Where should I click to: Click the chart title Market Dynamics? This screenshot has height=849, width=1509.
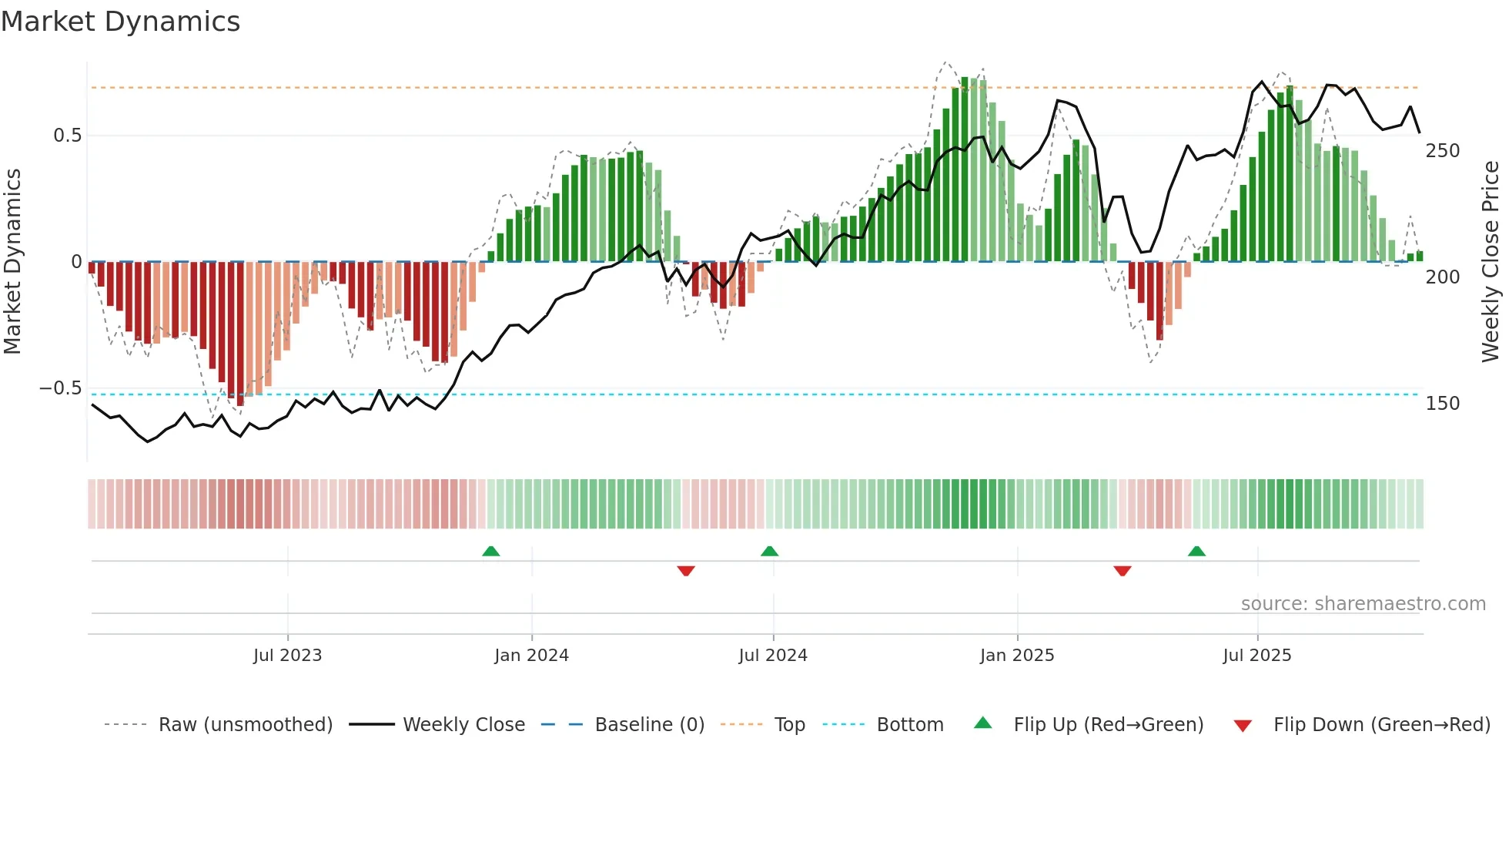pos(120,22)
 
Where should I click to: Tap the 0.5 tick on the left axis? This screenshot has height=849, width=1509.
pos(68,136)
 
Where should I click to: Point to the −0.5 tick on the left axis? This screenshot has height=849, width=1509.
pos(61,388)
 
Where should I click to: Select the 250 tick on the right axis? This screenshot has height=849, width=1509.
pos(1442,151)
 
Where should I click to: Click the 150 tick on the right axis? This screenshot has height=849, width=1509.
pos(1442,404)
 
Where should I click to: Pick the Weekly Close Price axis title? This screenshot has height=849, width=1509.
pos(1491,262)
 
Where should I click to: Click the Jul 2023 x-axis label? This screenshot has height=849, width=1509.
pos(287,656)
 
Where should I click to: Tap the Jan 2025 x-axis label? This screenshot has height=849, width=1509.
pos(1016,656)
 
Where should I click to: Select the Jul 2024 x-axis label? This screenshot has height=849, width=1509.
pos(772,656)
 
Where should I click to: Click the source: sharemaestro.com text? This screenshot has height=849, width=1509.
pos(1363,604)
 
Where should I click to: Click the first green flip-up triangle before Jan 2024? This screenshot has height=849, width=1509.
pos(490,551)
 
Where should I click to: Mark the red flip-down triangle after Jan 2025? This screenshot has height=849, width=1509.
pos(1122,571)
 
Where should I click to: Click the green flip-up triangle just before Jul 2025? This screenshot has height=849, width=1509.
pos(1196,551)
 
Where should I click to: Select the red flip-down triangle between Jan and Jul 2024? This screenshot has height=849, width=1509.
pos(685,571)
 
